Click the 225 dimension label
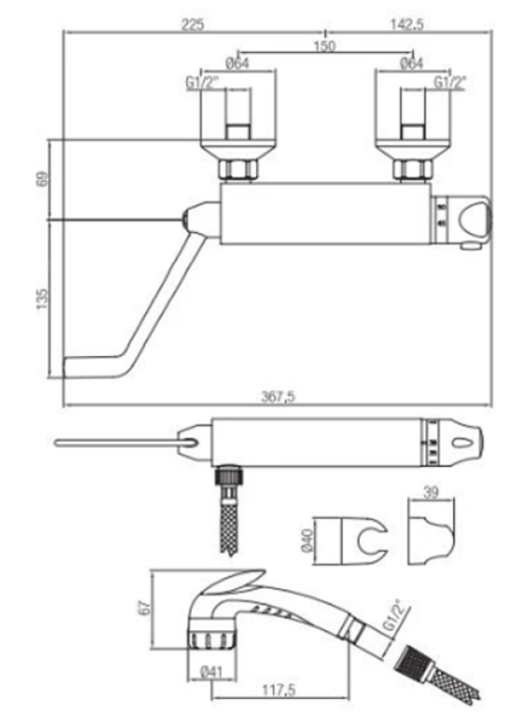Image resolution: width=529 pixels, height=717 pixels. (x=192, y=24)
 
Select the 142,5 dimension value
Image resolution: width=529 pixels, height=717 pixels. (x=406, y=24)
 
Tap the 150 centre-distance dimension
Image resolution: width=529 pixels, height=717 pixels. (x=325, y=46)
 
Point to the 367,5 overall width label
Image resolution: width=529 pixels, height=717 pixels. (x=278, y=396)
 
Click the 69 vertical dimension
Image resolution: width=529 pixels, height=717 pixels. (x=41, y=178)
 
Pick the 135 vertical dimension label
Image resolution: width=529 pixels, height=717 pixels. (x=41, y=298)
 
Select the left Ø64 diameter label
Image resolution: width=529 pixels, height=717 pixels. (x=237, y=64)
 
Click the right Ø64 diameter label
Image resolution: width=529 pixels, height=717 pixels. (x=411, y=64)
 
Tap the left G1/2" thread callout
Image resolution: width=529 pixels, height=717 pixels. (x=202, y=82)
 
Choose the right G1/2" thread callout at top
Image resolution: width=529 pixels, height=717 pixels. (x=449, y=82)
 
